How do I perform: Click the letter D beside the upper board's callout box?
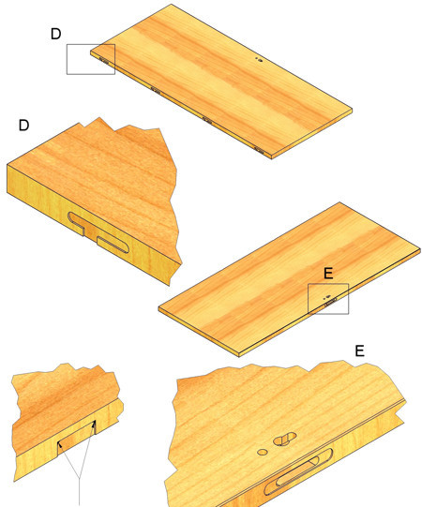pos(55,34)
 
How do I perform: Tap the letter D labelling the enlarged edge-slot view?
pos(24,126)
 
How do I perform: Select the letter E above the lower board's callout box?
pos(328,274)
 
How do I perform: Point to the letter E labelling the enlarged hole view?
pos(359,350)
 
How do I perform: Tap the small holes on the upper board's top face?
pos(259,59)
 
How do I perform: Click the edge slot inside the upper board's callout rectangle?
pos(104,61)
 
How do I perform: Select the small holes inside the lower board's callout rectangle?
pos(327,297)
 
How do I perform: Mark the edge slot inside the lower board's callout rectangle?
pos(330,303)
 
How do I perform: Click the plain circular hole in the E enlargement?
pos(263,452)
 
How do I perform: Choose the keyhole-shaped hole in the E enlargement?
pos(285,439)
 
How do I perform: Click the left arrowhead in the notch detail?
pos(59,445)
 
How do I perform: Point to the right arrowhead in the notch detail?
pos(95,424)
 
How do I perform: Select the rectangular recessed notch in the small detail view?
pos(77,440)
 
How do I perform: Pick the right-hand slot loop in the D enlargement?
pos(113,245)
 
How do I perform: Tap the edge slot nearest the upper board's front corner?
pos(259,150)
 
